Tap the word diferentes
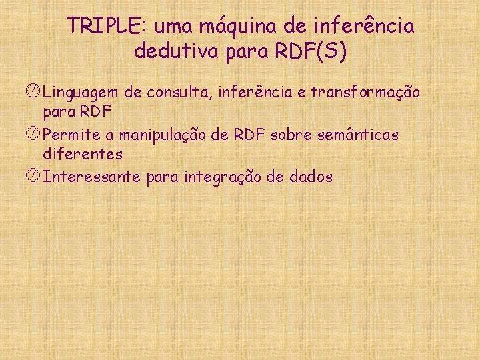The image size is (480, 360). (x=83, y=154)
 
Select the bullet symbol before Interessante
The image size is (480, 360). (x=35, y=177)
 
